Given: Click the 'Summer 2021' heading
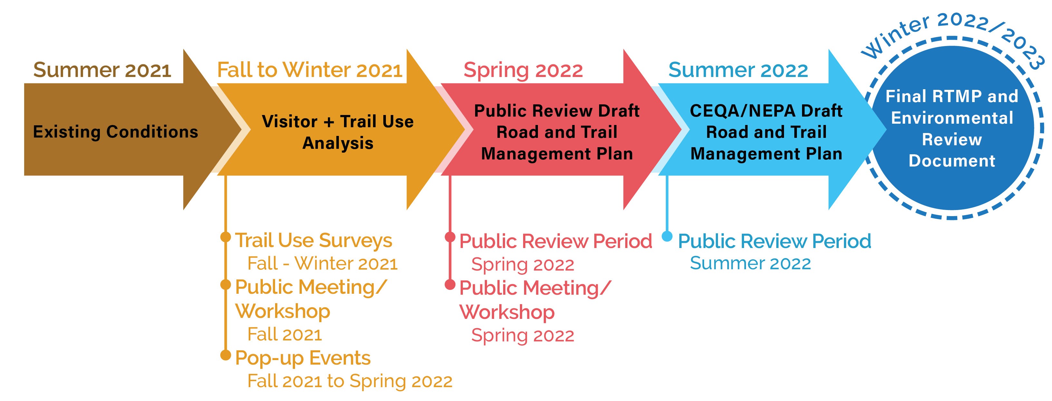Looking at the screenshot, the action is tap(102, 70).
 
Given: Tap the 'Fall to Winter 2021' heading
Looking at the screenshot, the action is tap(310, 70).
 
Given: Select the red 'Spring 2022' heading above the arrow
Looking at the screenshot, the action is tap(523, 71).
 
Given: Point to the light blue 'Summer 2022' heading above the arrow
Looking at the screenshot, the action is tap(738, 70).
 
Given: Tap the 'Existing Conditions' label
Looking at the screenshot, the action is tap(116, 132).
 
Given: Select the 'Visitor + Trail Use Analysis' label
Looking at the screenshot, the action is tap(338, 132).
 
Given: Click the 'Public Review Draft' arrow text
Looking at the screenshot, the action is tap(557, 111).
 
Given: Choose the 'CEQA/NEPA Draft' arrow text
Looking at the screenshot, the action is tap(766, 111).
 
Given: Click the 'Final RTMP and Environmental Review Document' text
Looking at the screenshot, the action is tap(952, 129).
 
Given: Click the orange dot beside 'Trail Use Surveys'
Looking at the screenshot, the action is tap(225, 237).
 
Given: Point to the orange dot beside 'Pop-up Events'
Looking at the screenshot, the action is tap(225, 355).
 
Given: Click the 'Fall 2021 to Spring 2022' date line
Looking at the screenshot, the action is tap(350, 381).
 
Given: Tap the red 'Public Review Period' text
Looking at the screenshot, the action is tap(556, 241).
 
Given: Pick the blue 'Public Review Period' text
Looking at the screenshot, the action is tap(775, 241).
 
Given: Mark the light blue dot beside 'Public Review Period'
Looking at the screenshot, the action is tap(667, 236).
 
